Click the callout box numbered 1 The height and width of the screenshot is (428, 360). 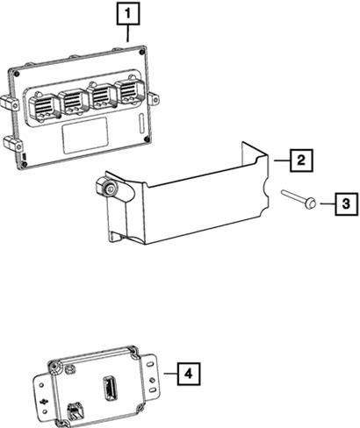(x=128, y=14)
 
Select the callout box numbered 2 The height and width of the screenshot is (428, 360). (x=301, y=160)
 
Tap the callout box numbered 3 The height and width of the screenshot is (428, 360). (x=347, y=203)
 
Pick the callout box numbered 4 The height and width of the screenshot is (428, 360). (x=189, y=374)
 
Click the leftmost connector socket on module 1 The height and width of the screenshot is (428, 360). (x=44, y=107)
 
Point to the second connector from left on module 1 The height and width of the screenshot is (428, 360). (x=73, y=102)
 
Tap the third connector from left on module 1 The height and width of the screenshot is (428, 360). (x=103, y=96)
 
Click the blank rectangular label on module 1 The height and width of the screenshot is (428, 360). (x=85, y=136)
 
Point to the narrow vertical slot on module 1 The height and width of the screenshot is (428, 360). (x=140, y=124)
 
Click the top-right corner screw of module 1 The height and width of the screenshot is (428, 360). (x=142, y=53)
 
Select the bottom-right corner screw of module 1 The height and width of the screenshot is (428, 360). (x=147, y=139)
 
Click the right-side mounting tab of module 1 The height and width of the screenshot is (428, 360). (x=154, y=98)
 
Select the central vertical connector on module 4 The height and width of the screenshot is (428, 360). (x=109, y=387)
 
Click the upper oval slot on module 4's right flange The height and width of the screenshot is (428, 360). (x=149, y=365)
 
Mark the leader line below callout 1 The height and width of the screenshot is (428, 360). (x=127, y=33)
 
